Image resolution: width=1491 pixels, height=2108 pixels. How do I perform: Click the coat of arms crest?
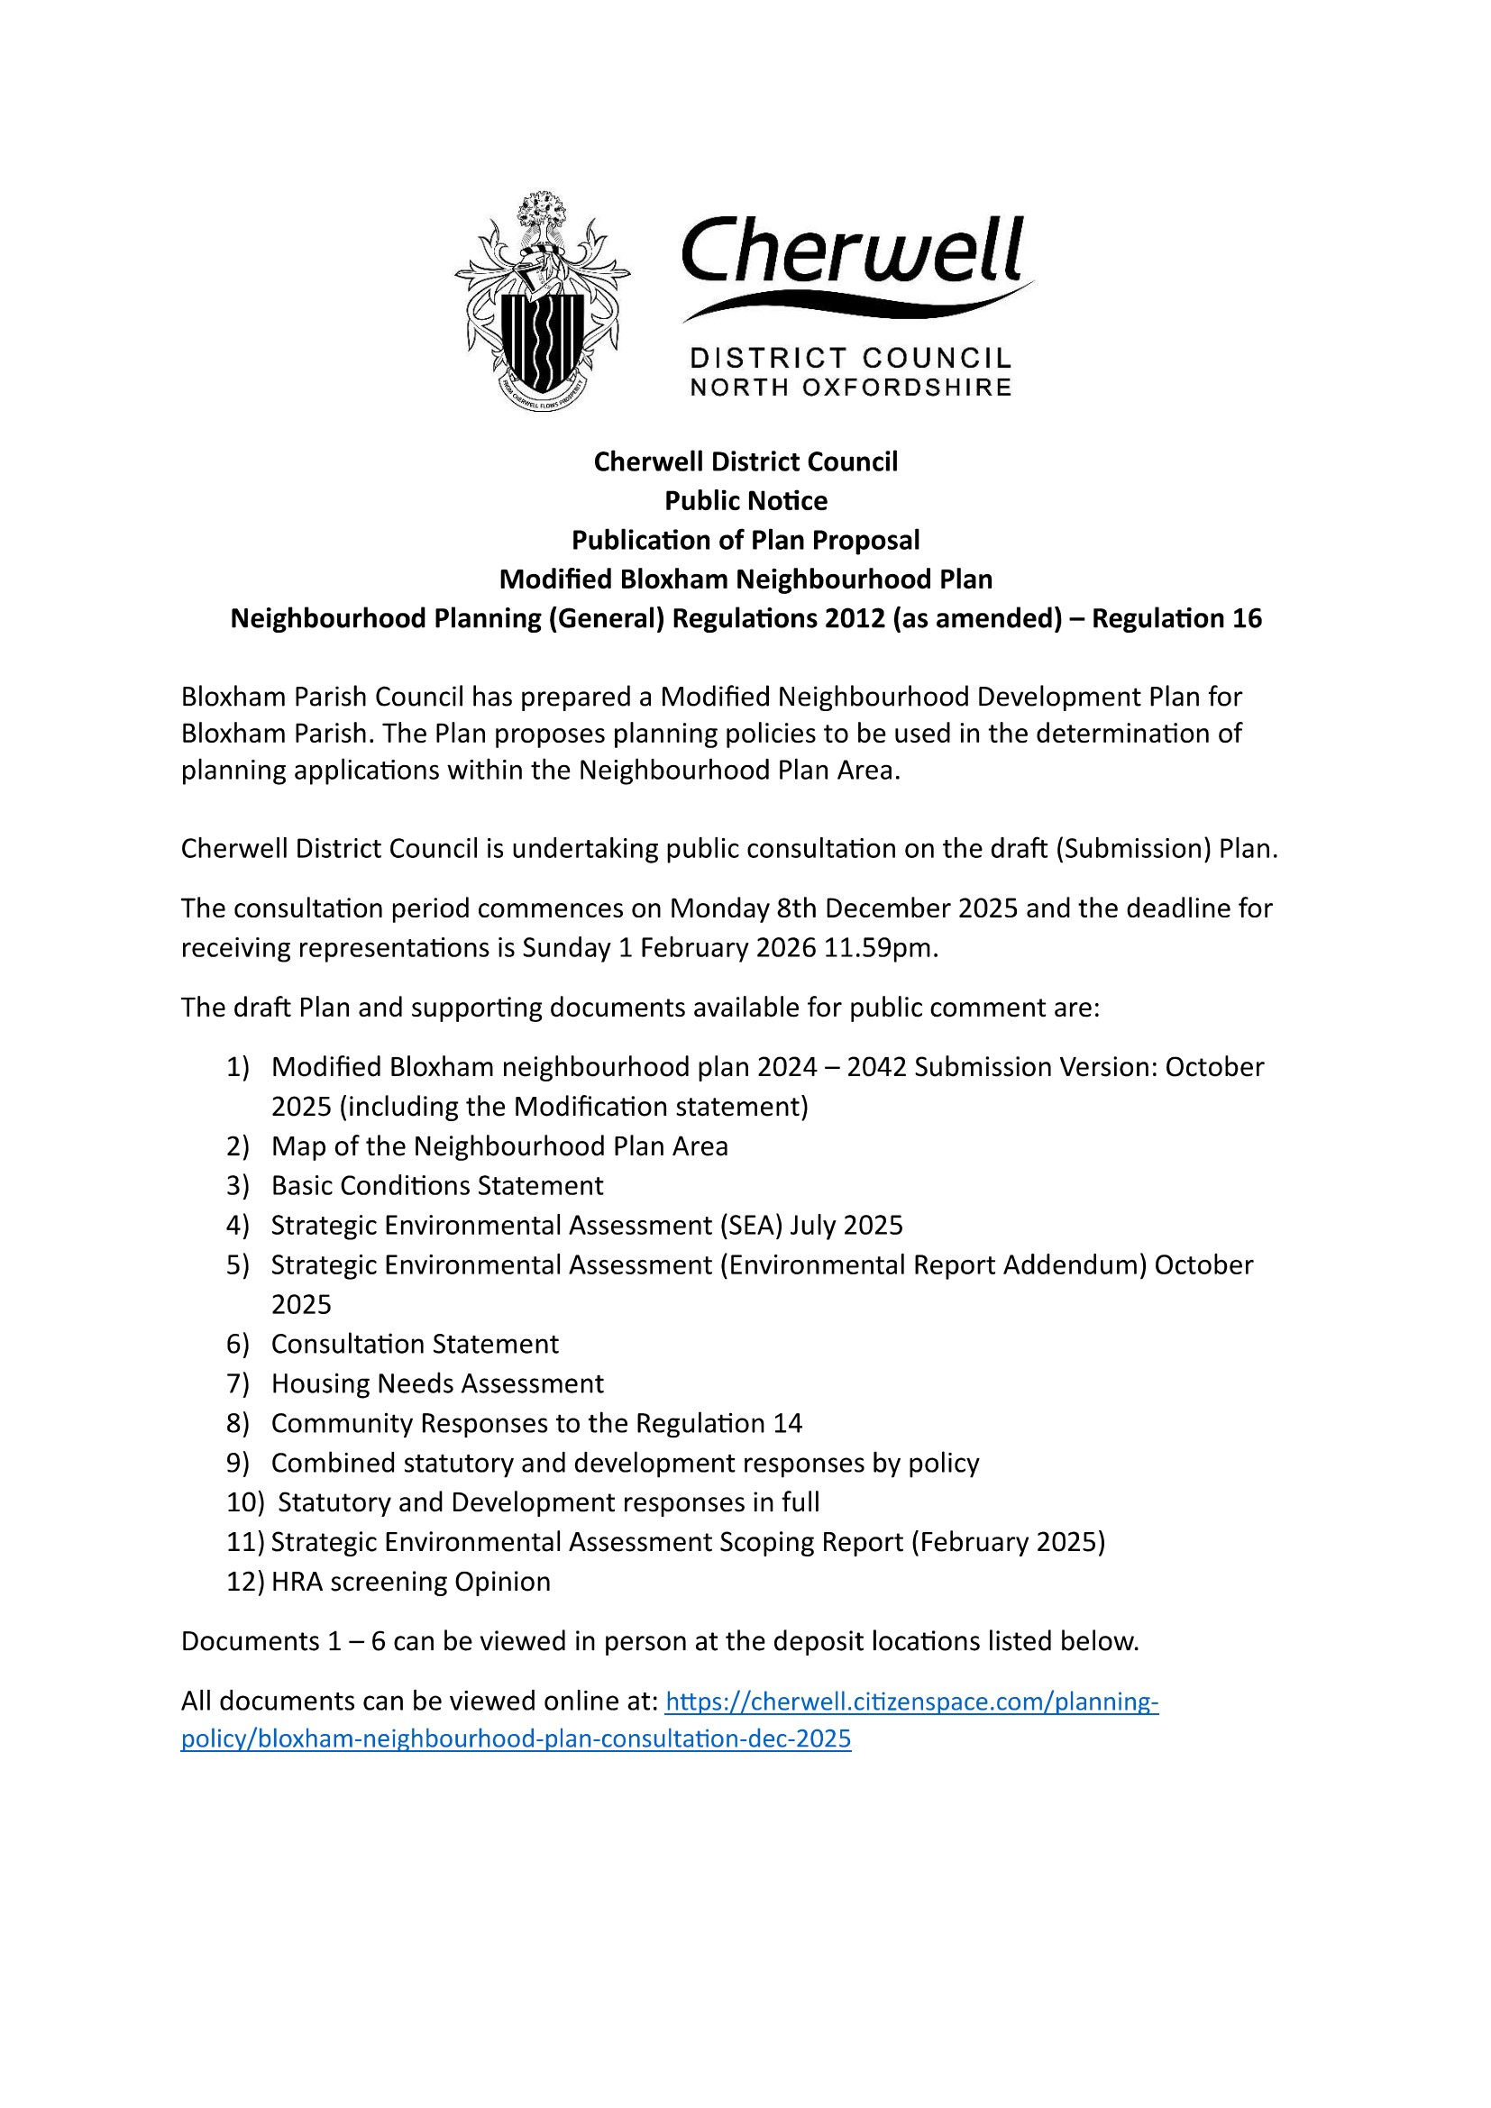(542, 301)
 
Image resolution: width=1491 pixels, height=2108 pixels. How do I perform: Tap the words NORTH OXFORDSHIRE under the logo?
(850, 388)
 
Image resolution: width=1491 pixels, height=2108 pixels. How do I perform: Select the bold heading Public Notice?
(745, 500)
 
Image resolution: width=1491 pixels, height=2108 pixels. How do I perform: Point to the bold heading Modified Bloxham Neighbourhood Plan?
(745, 579)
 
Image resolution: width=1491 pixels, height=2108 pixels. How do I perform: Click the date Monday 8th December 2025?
(844, 908)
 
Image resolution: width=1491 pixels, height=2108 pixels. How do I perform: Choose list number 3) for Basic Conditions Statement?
(238, 1185)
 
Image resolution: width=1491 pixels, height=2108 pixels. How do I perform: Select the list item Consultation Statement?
(415, 1344)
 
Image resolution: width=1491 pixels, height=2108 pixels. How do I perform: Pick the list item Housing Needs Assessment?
(437, 1383)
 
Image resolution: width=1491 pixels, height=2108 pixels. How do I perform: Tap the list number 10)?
(245, 1502)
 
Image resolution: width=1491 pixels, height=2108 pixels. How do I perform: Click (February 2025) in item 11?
(1008, 1541)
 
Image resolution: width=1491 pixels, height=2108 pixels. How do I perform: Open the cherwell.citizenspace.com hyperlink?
(910, 1702)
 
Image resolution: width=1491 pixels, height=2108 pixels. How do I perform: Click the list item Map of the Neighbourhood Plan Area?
(499, 1145)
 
